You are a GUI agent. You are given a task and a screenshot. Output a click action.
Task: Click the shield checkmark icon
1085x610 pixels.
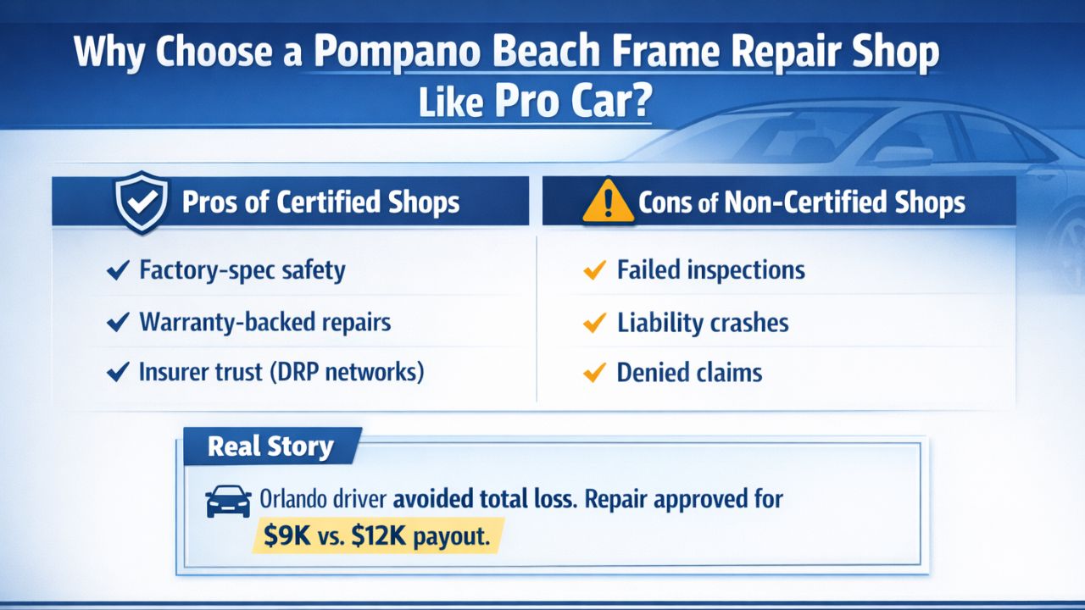pyautogui.click(x=142, y=202)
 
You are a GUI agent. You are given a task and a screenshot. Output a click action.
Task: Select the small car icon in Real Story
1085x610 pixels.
pyautogui.click(x=228, y=501)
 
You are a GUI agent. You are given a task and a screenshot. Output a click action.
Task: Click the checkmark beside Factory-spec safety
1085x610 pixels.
pyautogui.click(x=117, y=271)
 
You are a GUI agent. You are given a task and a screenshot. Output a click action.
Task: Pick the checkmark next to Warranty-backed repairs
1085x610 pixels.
pyautogui.click(x=117, y=323)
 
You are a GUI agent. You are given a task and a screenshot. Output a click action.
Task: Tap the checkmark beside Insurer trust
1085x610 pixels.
pyautogui.click(x=117, y=373)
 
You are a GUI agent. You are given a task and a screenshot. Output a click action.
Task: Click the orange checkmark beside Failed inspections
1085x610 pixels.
pyautogui.click(x=595, y=271)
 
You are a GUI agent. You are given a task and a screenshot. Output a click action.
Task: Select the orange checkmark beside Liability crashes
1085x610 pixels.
pyautogui.click(x=595, y=323)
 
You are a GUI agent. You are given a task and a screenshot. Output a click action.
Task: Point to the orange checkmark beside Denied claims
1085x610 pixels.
pyautogui.click(x=595, y=373)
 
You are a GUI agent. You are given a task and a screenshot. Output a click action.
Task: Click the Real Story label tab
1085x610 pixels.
pyautogui.click(x=271, y=446)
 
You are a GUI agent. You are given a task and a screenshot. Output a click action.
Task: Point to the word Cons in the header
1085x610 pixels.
pyautogui.click(x=667, y=203)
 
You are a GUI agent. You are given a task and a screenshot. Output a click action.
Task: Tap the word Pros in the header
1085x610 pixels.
pyautogui.click(x=209, y=203)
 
